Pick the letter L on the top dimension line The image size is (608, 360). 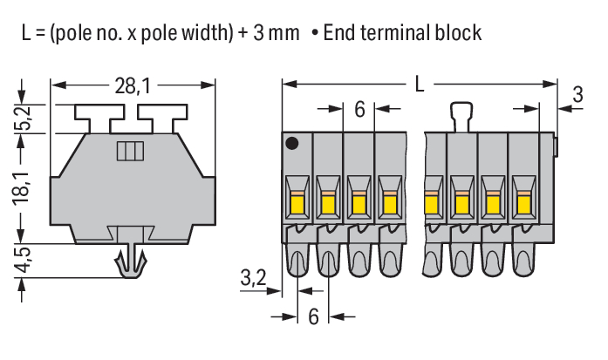tap(420, 85)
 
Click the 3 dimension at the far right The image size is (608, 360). tap(577, 95)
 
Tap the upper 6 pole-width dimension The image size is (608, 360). tap(359, 110)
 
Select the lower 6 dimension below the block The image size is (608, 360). tap(313, 316)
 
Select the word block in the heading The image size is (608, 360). tap(456, 34)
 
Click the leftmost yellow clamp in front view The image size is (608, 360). tap(296, 204)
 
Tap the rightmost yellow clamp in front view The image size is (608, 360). tap(523, 204)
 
